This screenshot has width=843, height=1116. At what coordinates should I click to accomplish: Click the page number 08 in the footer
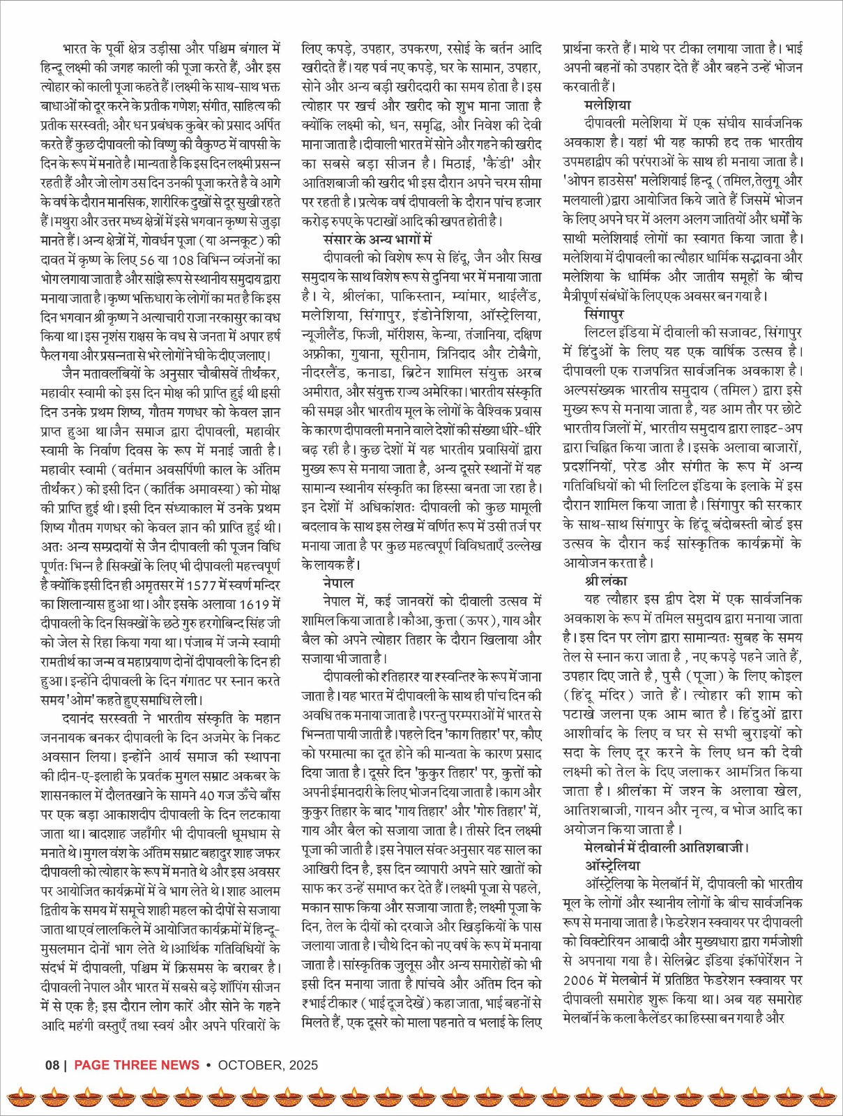52,1064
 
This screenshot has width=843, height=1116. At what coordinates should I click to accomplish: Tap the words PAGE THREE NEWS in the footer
137,1064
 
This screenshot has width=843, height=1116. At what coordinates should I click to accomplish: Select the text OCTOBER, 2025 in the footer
268,1064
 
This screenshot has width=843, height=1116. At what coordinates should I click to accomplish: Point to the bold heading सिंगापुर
605,314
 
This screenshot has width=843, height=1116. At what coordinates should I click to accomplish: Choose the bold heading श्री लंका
606,580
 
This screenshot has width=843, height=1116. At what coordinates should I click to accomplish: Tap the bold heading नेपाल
338,582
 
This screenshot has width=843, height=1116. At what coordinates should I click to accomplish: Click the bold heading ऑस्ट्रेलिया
612,866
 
